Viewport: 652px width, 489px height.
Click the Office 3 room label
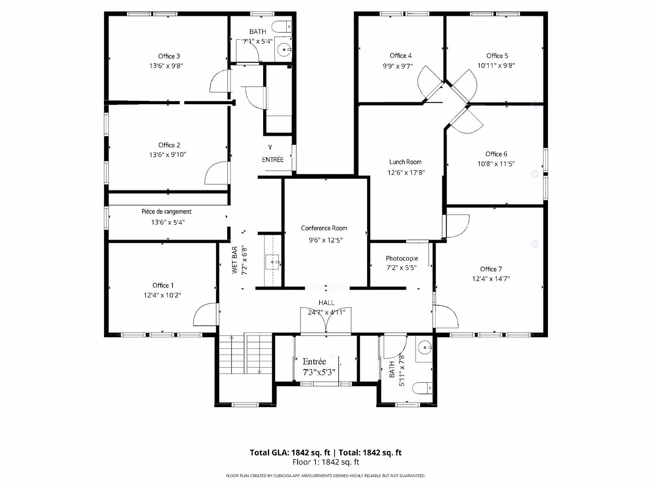[169, 56]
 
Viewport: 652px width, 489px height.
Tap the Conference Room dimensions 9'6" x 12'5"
[326, 240]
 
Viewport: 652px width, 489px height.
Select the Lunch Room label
[405, 162]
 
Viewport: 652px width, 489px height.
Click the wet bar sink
[272, 262]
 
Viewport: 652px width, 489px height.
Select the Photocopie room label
[402, 258]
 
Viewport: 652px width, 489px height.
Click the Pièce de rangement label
[166, 212]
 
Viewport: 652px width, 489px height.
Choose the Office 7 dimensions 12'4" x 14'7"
[491, 279]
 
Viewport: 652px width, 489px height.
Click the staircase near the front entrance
[245, 354]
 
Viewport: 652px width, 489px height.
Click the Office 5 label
[497, 56]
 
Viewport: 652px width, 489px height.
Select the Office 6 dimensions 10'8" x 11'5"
[496, 164]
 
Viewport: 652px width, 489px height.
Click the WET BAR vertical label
[235, 260]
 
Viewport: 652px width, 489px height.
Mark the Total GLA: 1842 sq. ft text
[290, 453]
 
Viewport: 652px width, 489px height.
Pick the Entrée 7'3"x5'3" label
[319, 367]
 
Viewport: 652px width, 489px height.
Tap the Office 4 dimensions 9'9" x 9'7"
[398, 66]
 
